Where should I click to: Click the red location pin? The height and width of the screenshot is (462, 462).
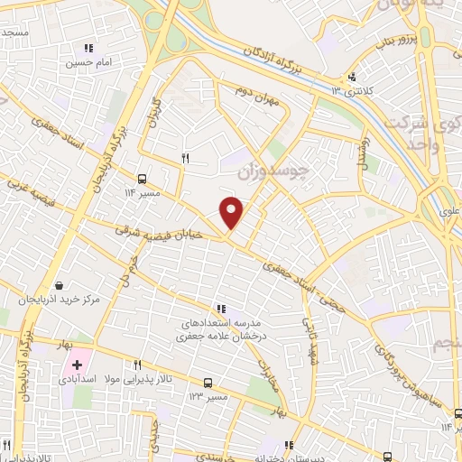pyautogui.click(x=232, y=212)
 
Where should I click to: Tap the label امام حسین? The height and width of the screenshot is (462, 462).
pyautogui.click(x=88, y=63)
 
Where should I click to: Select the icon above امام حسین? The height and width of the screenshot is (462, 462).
pyautogui.click(x=88, y=48)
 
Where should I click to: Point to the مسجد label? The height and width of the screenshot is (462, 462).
pyautogui.click(x=14, y=33)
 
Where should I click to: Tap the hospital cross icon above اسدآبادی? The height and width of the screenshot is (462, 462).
pyautogui.click(x=77, y=366)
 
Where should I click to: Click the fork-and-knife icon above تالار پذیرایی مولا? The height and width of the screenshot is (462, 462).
pyautogui.click(x=137, y=365)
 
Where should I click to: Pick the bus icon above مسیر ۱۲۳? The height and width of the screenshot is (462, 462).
pyautogui.click(x=208, y=383)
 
